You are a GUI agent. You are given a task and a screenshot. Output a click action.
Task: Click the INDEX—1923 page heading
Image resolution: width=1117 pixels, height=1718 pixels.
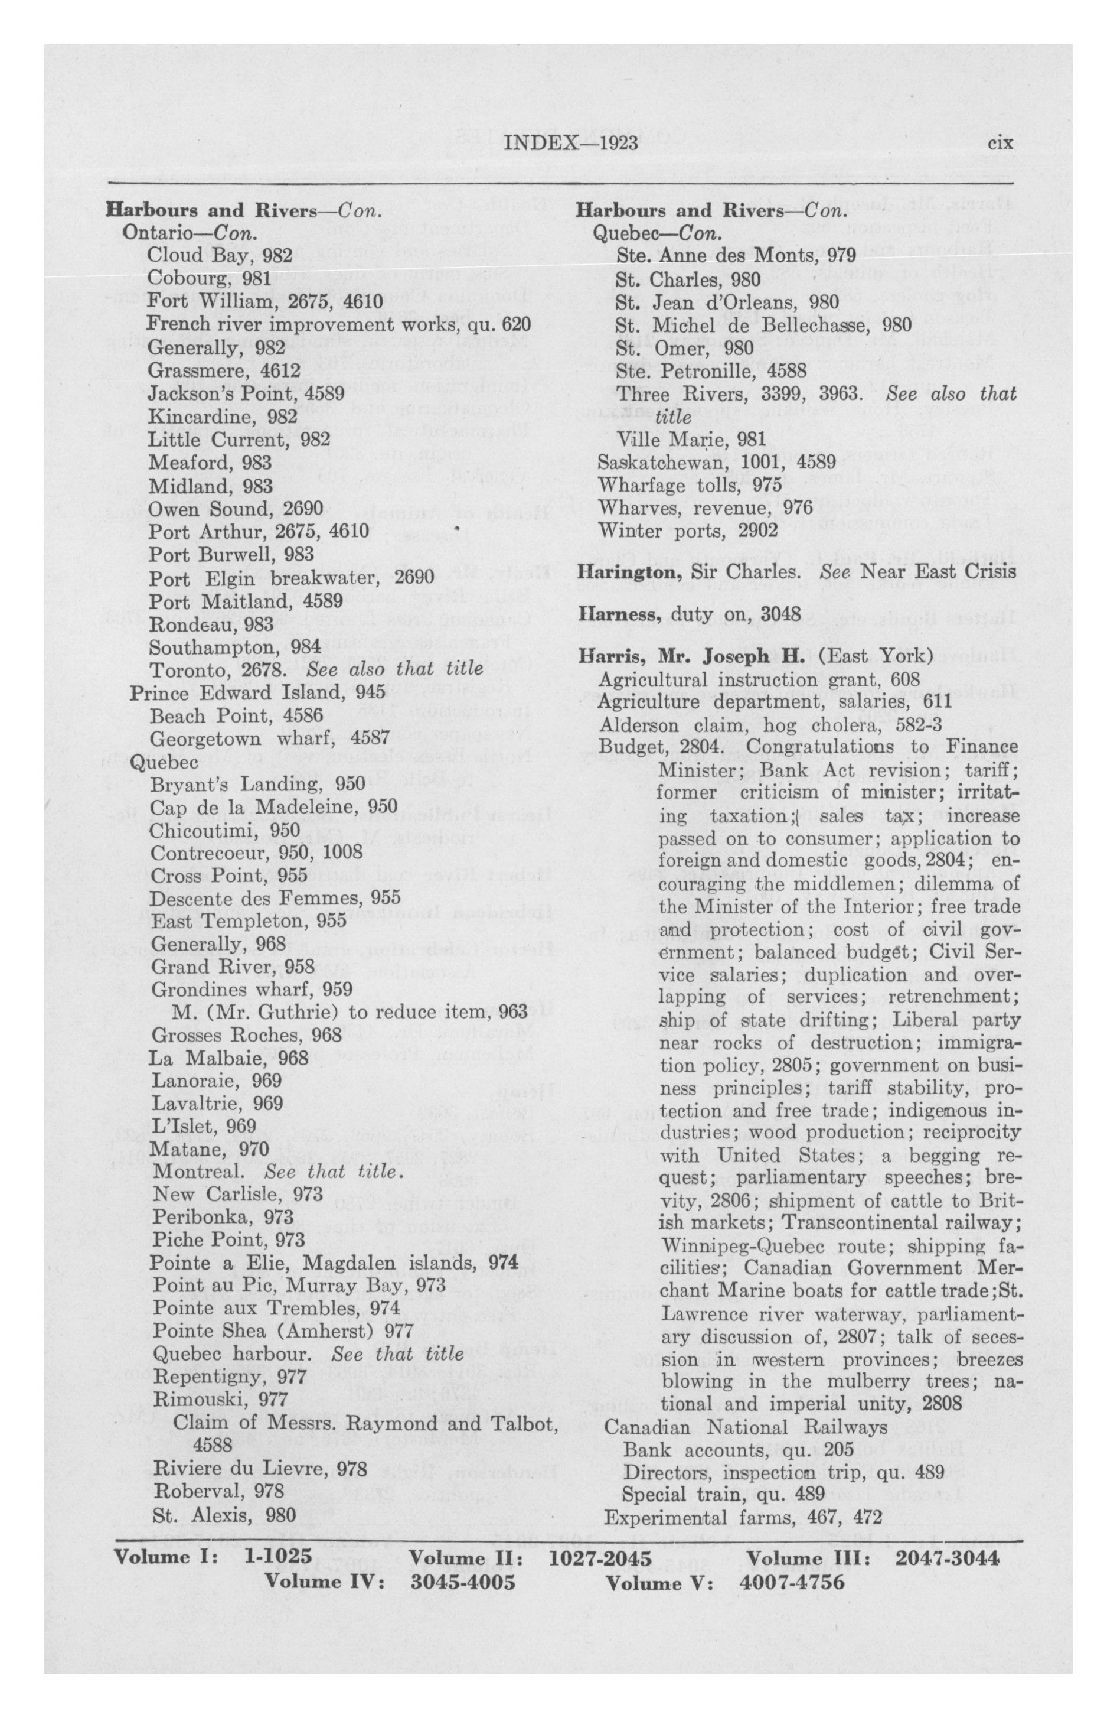(571, 143)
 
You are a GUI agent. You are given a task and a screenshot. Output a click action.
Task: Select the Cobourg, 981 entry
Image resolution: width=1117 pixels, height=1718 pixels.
(209, 278)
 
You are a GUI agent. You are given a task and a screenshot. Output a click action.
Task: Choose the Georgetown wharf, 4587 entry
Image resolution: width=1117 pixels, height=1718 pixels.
(269, 738)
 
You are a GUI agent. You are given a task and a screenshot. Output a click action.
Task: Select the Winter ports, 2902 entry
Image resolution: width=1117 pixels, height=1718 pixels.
(688, 531)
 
